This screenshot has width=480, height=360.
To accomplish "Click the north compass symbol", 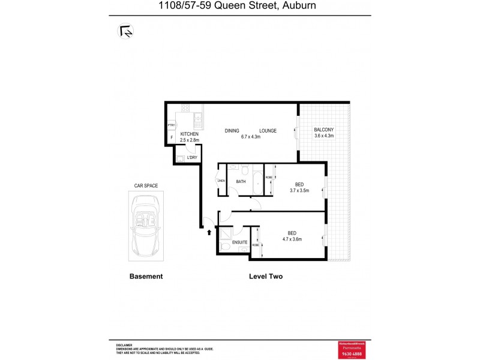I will tap(126, 31).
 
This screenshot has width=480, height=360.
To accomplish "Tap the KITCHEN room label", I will tap(189, 134).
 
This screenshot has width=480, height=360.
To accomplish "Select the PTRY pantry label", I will tap(171, 125).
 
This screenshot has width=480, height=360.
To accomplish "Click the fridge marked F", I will tap(172, 138).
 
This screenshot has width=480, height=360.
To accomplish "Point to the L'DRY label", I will tap(192, 158).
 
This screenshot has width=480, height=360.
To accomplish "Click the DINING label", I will tap(232, 130).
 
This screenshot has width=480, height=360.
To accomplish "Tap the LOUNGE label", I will tap(268, 130).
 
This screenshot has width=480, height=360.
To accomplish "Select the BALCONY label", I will tap(323, 130).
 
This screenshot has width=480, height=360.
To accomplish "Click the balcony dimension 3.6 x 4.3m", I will tap(323, 136).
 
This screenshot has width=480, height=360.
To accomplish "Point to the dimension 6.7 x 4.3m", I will tap(250, 137).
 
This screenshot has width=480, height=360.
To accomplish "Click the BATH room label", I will tap(241, 181).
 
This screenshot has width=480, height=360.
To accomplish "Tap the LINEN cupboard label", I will tap(221, 181).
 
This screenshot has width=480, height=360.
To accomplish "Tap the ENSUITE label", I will tap(240, 242).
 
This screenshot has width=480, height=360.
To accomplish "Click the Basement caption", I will tap(146, 277).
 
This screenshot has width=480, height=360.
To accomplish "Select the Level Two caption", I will tap(265, 277).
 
